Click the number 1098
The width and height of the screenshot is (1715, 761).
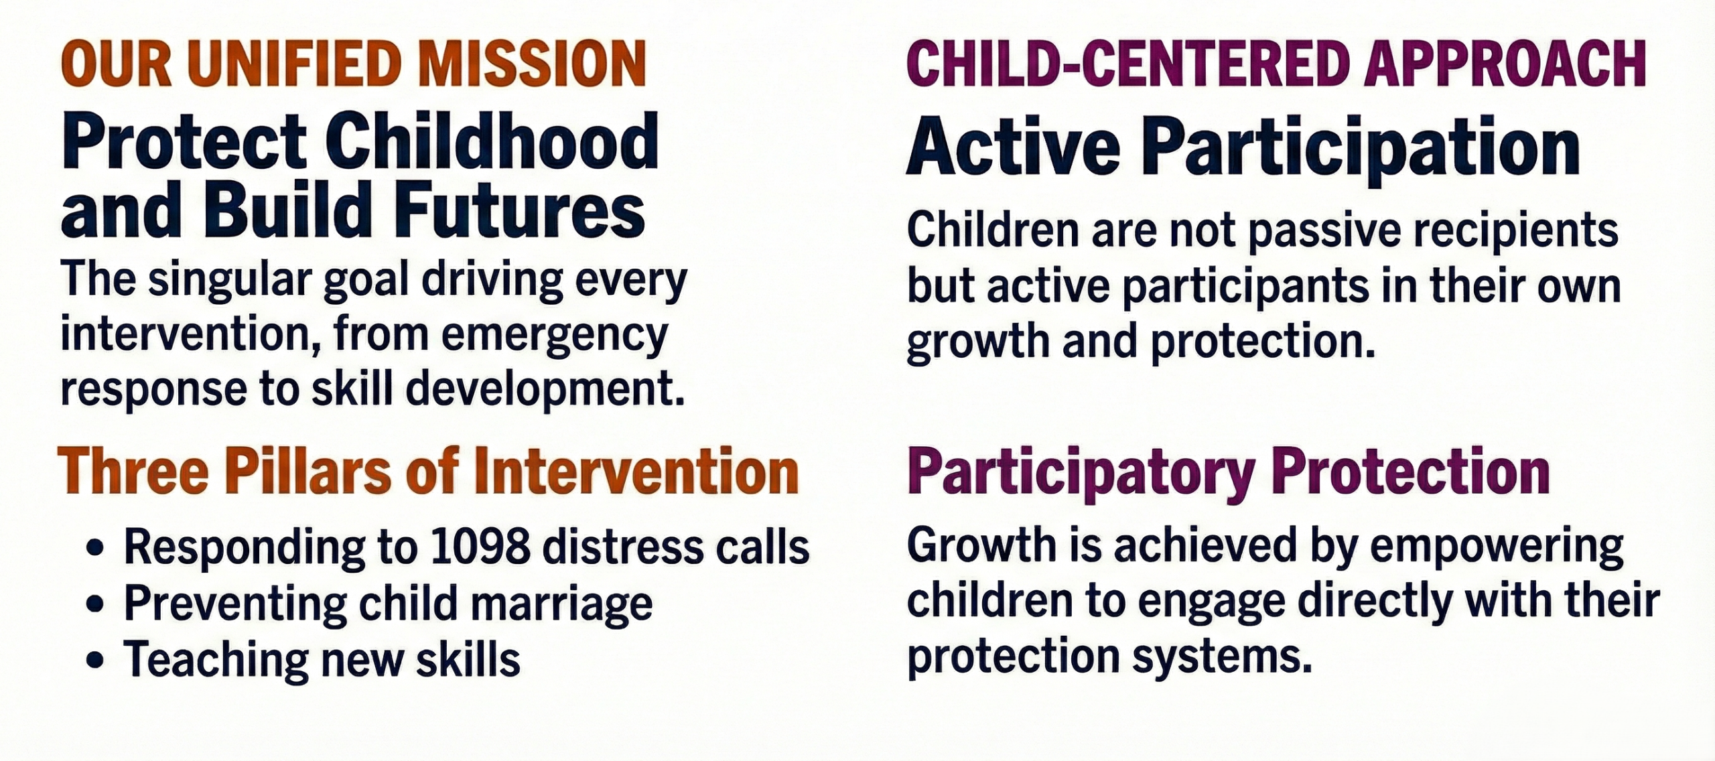(480, 548)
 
